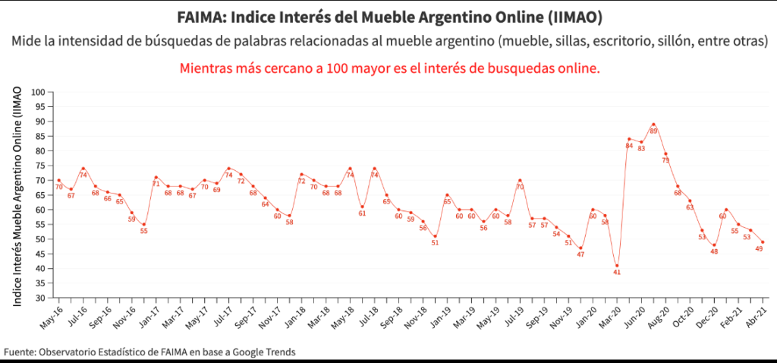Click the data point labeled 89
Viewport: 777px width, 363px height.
(x=653, y=125)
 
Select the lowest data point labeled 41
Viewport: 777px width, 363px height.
(x=617, y=265)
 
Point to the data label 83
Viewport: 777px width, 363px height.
(x=641, y=149)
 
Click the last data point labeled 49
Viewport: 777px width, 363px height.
(x=763, y=242)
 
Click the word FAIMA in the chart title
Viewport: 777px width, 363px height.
(x=200, y=16)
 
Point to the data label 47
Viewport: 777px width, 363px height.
(x=580, y=254)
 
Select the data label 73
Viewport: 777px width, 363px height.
(x=665, y=160)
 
